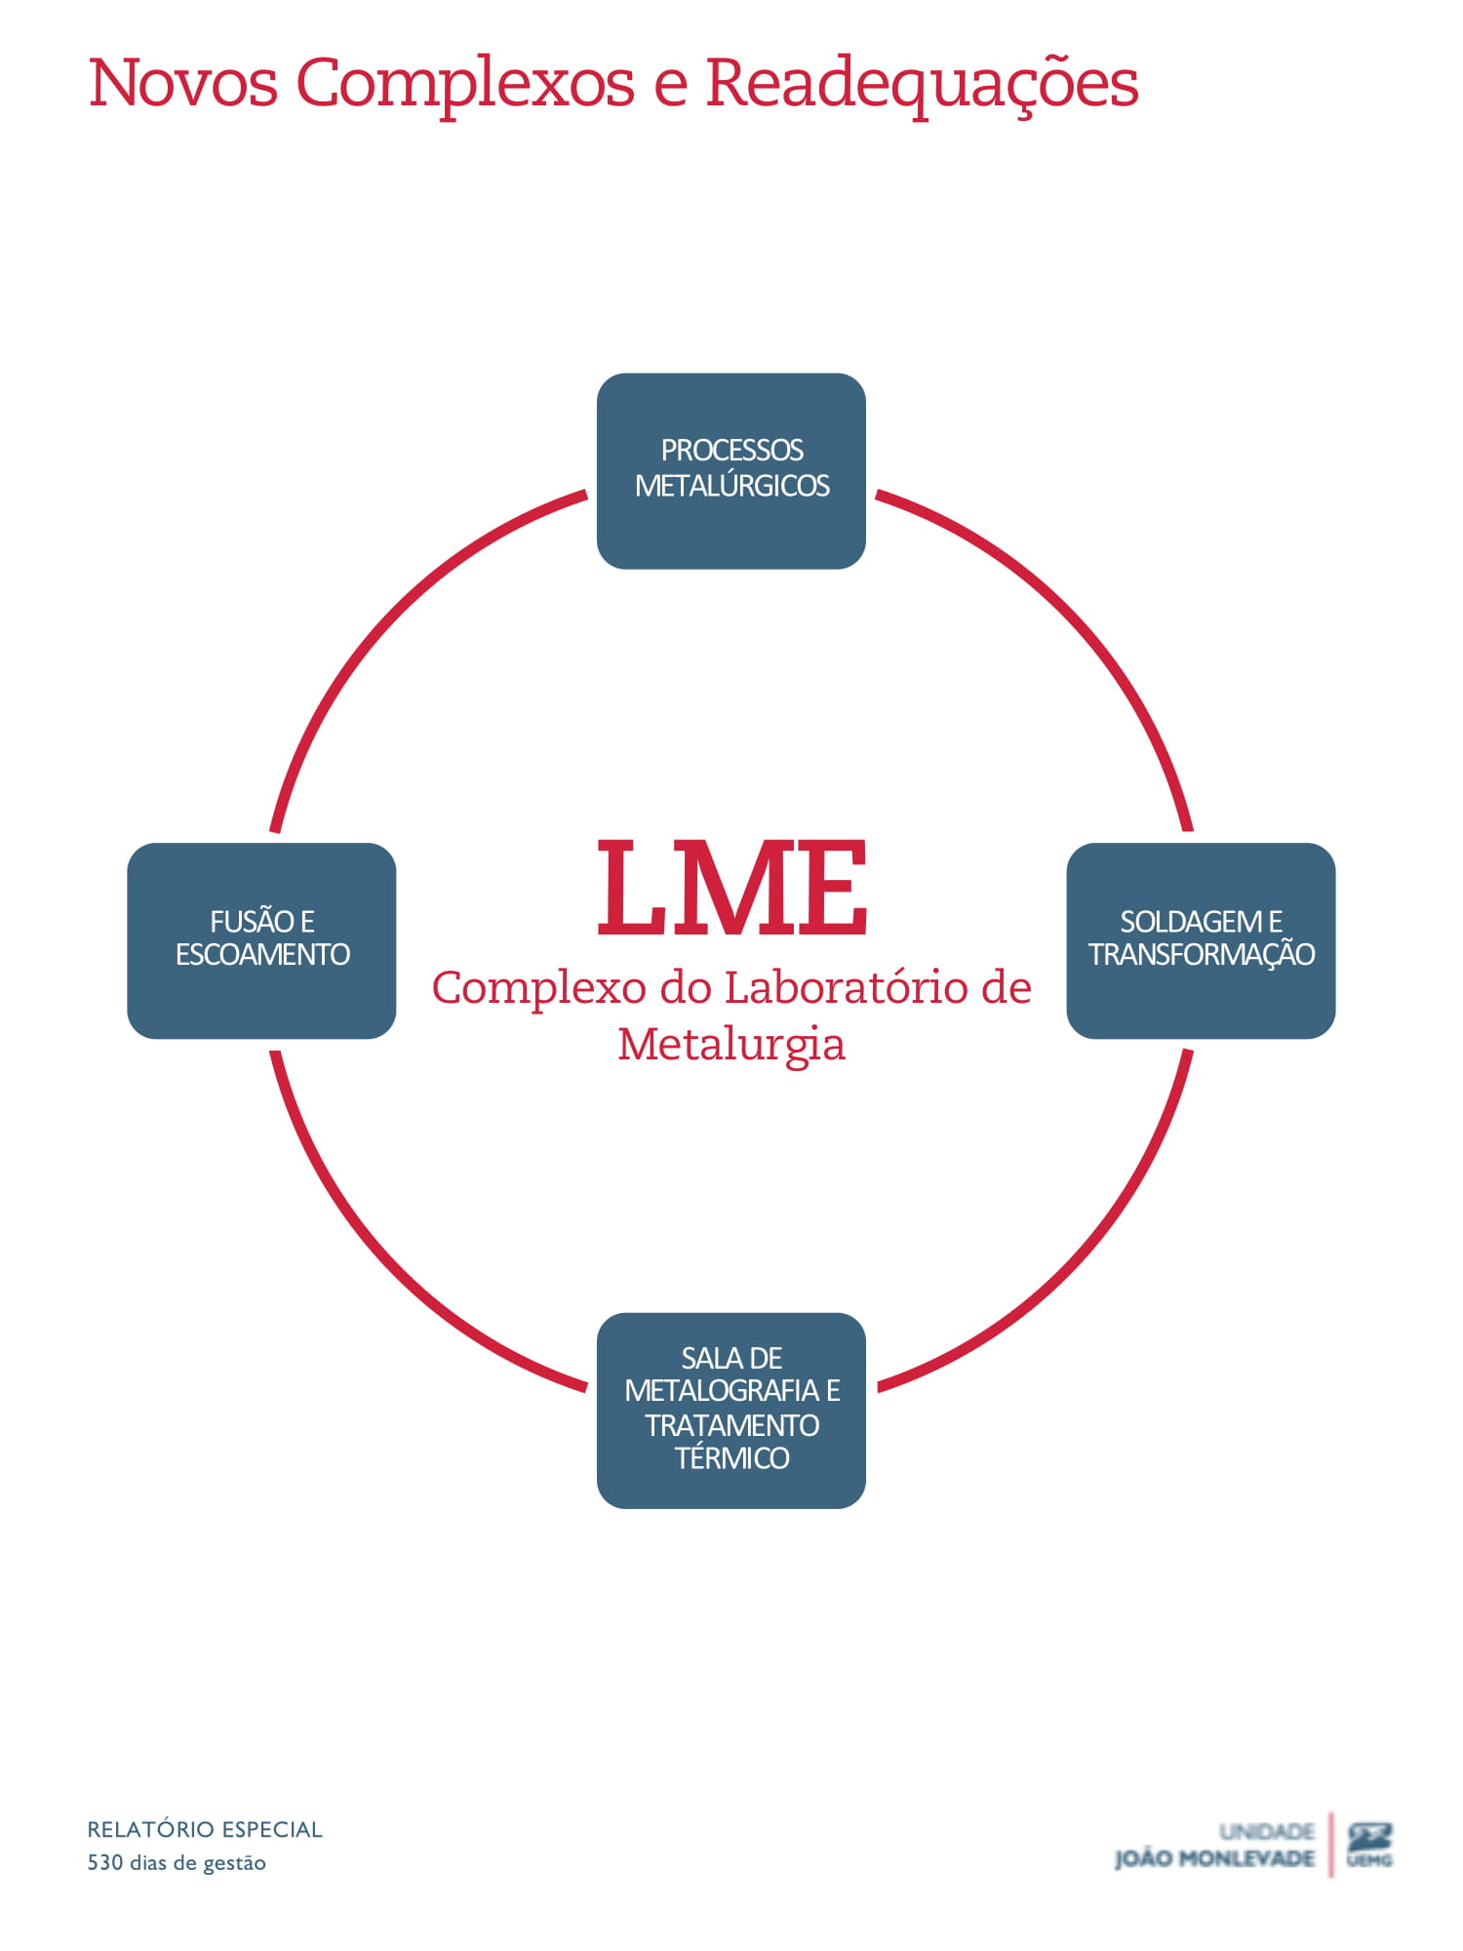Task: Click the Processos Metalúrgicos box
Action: (731, 470)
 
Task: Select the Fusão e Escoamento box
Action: (261, 940)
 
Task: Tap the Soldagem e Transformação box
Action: (1201, 940)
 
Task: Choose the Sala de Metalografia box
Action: (731, 1410)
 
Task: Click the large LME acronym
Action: (731, 888)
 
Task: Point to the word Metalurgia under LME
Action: (731, 1044)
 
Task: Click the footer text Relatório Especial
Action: (205, 1830)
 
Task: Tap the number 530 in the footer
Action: (105, 1863)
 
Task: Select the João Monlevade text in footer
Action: (1214, 1859)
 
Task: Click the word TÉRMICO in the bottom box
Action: (731, 1458)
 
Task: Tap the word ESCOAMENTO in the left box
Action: (262, 954)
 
